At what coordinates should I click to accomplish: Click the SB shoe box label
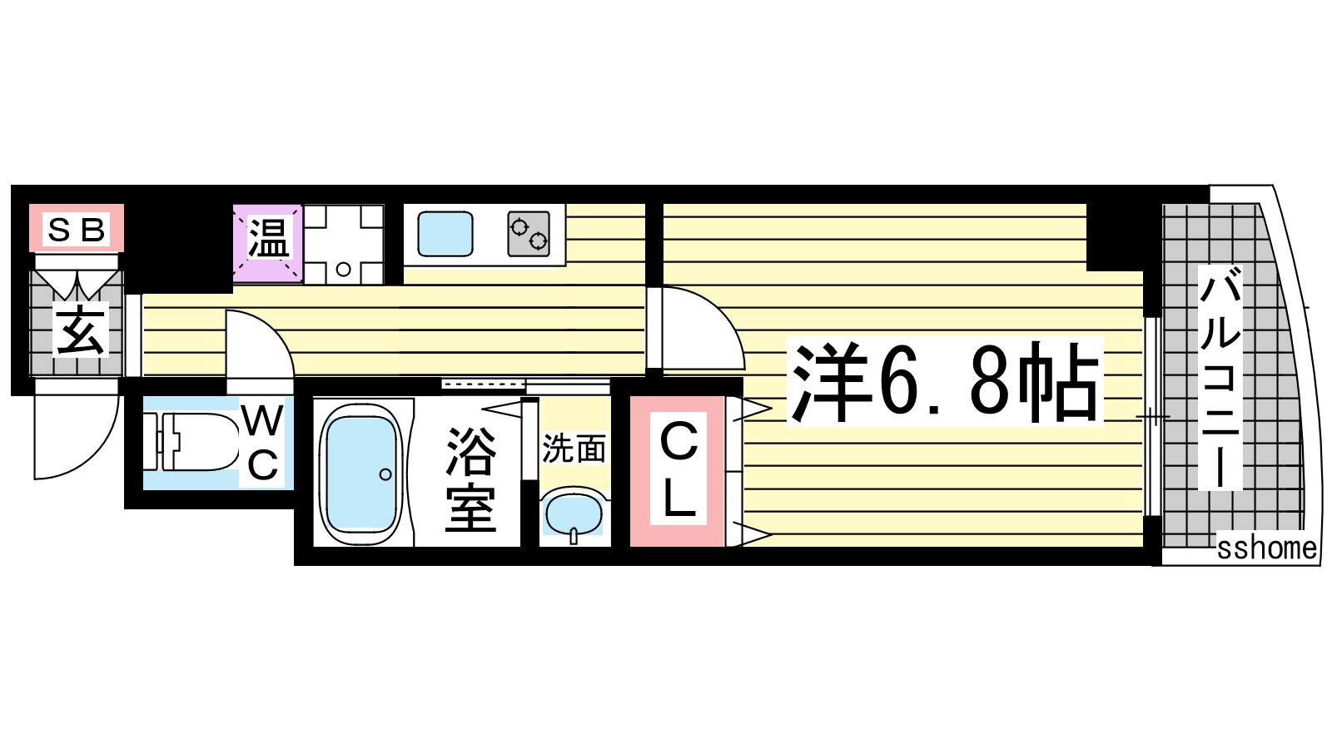(x=76, y=230)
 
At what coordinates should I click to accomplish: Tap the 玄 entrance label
(x=81, y=329)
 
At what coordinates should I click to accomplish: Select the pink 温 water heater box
(x=267, y=242)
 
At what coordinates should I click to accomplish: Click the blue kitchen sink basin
(x=445, y=234)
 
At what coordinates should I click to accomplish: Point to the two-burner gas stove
(x=529, y=234)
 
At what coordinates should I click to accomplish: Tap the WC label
(x=263, y=443)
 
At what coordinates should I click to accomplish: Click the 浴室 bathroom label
(x=470, y=479)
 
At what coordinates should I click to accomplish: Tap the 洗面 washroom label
(x=574, y=449)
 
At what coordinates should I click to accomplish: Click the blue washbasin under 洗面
(x=574, y=514)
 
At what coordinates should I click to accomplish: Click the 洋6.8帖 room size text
(x=945, y=381)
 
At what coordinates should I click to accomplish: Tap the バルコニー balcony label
(x=1220, y=379)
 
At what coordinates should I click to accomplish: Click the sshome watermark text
(x=1266, y=548)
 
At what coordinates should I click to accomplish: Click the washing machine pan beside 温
(x=344, y=244)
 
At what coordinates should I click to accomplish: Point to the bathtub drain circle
(x=385, y=474)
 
